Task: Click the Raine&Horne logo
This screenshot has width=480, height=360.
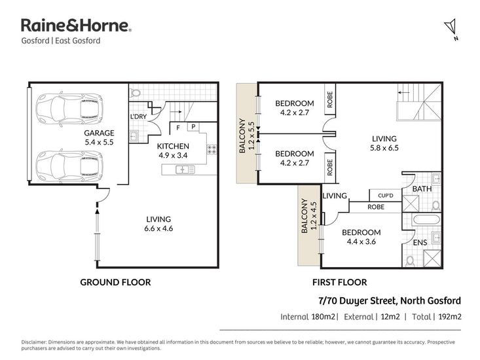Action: click(x=76, y=26)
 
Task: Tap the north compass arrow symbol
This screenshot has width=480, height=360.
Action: click(x=451, y=28)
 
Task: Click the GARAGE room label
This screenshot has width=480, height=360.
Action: click(x=99, y=133)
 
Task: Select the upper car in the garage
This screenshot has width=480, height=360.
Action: click(x=69, y=108)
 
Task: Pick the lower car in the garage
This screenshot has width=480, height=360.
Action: click(x=69, y=166)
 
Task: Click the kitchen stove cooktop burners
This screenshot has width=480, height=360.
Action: click(x=212, y=150)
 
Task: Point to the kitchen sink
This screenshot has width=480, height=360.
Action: click(x=185, y=169)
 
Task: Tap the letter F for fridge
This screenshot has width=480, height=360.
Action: click(x=178, y=128)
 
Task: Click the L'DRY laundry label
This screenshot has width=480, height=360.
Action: click(x=138, y=117)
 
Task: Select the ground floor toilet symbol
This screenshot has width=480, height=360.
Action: click(x=135, y=92)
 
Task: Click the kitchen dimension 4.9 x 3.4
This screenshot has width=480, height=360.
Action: click(x=173, y=155)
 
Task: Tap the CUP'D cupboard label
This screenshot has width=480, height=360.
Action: click(x=386, y=196)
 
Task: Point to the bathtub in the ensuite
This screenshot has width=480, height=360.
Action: click(x=426, y=220)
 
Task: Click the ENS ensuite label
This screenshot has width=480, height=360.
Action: click(x=420, y=243)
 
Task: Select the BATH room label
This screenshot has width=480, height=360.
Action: click(x=422, y=189)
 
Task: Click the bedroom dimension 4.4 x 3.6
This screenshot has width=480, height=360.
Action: click(x=361, y=242)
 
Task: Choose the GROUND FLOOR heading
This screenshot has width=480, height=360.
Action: click(x=115, y=282)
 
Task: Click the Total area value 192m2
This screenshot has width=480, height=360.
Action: click(x=450, y=317)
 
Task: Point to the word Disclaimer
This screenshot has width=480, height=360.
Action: click(x=33, y=342)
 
